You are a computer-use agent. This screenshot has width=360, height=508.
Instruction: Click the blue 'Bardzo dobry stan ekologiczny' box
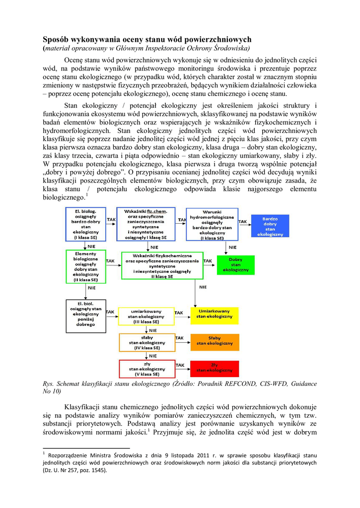(271, 226)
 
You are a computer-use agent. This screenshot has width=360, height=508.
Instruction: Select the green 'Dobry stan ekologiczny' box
(235, 265)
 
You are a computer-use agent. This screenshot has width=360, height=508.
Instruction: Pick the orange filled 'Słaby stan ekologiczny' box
(214, 341)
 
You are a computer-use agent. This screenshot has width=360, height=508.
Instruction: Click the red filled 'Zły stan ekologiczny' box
(214, 368)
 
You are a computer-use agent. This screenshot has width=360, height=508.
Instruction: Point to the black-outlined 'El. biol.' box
(86, 314)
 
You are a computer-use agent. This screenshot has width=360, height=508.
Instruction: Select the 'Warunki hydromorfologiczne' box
(212, 224)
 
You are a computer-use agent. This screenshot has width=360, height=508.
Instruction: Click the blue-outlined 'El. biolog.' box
(86, 225)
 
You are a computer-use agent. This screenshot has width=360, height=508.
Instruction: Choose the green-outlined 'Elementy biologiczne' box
(86, 266)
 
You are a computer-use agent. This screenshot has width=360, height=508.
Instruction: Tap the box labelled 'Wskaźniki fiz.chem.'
(146, 224)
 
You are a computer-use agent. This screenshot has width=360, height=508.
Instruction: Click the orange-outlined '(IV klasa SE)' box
(147, 342)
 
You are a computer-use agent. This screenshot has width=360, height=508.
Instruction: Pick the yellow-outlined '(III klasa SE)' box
(146, 316)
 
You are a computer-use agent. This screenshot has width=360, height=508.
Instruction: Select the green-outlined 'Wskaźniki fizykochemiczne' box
(162, 265)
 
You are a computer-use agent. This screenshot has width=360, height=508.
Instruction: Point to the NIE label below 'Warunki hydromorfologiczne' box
(232, 247)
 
